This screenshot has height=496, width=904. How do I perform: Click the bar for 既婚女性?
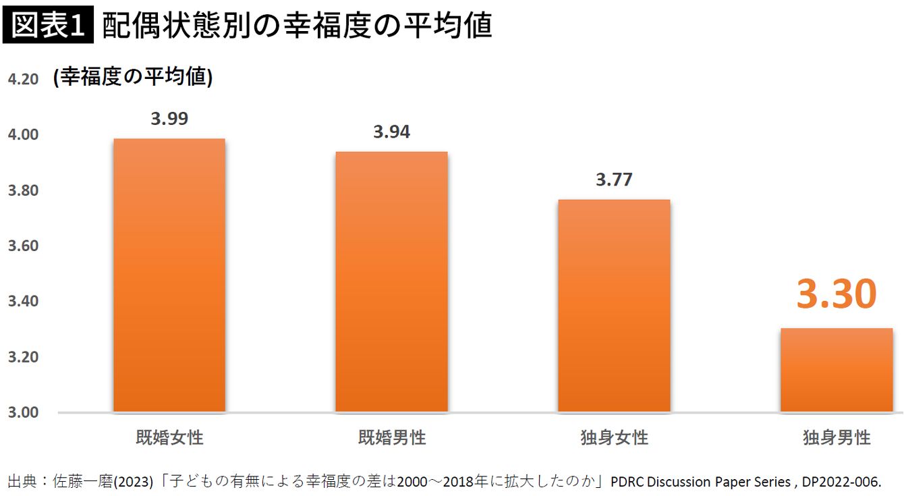(x=169, y=275)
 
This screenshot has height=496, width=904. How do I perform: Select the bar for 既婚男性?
(x=391, y=282)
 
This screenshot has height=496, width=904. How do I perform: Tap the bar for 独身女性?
(x=614, y=306)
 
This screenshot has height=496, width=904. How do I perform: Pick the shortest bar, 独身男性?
(x=837, y=370)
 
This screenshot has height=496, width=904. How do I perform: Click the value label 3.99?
(x=169, y=119)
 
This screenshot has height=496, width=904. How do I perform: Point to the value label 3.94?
(x=391, y=132)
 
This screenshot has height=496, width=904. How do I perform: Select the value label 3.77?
(x=614, y=180)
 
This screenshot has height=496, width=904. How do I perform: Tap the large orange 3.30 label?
(x=837, y=294)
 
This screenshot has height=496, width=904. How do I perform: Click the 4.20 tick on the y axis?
(x=23, y=80)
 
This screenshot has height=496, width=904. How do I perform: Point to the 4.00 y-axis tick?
(x=23, y=135)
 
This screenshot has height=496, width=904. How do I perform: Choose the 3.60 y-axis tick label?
(x=23, y=246)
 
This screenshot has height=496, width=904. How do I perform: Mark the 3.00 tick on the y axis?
(x=23, y=412)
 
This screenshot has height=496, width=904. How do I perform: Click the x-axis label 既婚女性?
(x=169, y=437)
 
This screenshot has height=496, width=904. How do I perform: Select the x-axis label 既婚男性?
(x=391, y=437)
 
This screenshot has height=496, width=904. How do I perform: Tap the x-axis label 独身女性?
(x=614, y=437)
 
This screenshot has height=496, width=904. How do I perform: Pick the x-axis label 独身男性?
(x=837, y=437)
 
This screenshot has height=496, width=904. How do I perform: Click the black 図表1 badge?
(x=48, y=26)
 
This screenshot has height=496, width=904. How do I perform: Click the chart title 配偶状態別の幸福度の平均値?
(x=297, y=26)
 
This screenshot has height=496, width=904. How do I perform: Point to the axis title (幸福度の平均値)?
(x=133, y=78)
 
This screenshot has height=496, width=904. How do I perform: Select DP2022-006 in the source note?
(x=841, y=482)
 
